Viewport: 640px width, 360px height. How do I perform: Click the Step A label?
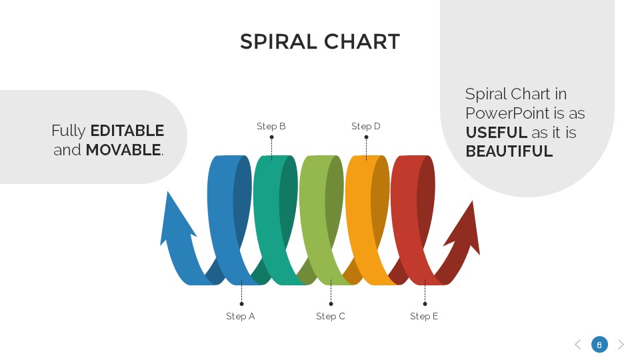[x=240, y=316]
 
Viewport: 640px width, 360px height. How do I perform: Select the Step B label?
[x=271, y=126]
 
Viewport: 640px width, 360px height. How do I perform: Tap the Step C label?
[x=331, y=316]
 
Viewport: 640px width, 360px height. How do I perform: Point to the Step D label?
[x=366, y=126]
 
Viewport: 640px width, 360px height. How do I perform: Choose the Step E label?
[x=424, y=316]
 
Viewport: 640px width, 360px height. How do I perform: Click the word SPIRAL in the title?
[x=278, y=42]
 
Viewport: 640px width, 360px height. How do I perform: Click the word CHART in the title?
[x=361, y=42]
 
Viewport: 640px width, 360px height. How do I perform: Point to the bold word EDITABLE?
[x=127, y=131]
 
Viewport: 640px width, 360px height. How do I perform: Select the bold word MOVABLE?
[x=123, y=150]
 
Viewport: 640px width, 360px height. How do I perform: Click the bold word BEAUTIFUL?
[x=509, y=151]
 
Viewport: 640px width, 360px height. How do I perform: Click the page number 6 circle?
[x=599, y=345]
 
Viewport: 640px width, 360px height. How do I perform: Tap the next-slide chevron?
[x=621, y=345]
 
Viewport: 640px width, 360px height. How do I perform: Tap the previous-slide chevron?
[x=577, y=345]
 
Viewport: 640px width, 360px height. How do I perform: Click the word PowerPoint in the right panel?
[x=502, y=113]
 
